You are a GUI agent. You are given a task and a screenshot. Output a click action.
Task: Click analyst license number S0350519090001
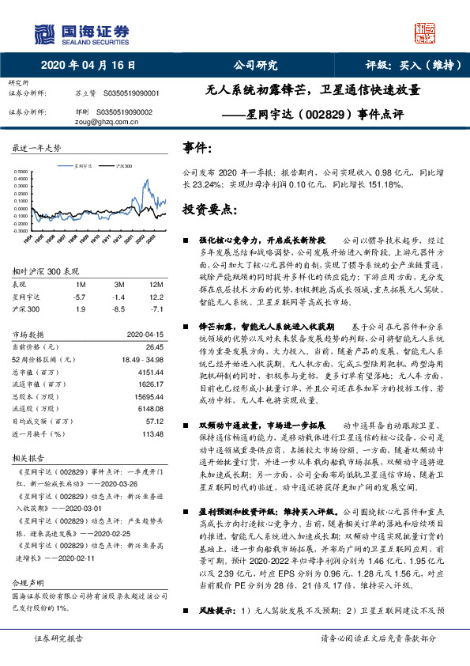126,93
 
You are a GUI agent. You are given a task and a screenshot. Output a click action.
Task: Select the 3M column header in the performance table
118,283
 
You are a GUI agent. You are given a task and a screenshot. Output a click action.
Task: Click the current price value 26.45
154,346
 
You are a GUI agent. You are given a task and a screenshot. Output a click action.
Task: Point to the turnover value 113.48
152,433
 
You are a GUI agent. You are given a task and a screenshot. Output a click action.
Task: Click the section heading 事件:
197,148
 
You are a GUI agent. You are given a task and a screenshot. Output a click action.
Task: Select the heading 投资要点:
209,210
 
